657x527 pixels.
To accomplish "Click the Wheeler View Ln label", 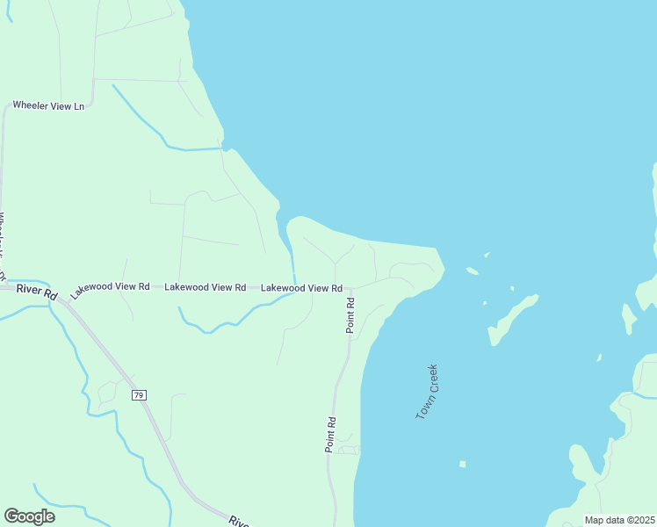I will tap(48, 106).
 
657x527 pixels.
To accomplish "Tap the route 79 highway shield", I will tap(139, 395).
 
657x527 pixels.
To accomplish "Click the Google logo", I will tap(29, 516).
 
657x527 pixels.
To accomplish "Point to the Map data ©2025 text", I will tap(618, 520).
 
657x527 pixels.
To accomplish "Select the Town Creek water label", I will tap(427, 391).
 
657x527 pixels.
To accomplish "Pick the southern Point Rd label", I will tap(331, 434).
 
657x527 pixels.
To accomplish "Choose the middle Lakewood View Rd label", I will tap(205, 287).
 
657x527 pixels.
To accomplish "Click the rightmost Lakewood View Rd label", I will tap(301, 288).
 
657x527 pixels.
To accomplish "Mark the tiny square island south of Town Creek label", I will tap(462, 464).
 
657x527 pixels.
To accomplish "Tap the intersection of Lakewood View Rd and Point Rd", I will tap(350, 288).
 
